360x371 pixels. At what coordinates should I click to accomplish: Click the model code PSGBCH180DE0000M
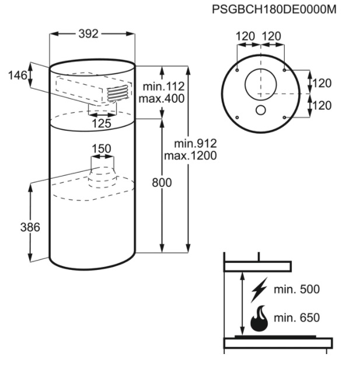(x=274, y=9)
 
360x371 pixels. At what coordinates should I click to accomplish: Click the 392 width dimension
(x=88, y=34)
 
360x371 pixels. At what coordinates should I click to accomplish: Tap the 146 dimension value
(x=18, y=75)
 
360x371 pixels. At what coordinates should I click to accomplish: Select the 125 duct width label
(x=102, y=123)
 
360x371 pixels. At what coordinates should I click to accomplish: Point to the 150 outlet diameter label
(x=102, y=149)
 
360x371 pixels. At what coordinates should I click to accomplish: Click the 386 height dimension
(x=30, y=227)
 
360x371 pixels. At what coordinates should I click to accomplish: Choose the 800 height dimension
(x=162, y=183)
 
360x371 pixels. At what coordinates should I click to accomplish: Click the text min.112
(x=164, y=86)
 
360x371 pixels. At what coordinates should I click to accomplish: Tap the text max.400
(x=162, y=98)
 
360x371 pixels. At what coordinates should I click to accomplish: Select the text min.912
(x=195, y=144)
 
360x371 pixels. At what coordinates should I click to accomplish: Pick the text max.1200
(x=190, y=155)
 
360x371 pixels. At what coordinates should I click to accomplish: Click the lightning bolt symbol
(x=259, y=290)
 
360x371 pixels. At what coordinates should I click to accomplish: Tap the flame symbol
(x=260, y=318)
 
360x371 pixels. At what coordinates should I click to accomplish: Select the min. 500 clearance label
(x=296, y=289)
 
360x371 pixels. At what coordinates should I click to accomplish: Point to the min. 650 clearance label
(x=296, y=317)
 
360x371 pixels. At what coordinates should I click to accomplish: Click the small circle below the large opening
(x=261, y=110)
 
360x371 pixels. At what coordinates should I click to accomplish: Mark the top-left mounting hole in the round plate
(x=237, y=70)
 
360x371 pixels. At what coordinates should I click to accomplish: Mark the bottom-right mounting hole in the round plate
(x=284, y=117)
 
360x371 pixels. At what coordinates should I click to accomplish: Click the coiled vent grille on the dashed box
(x=118, y=93)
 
